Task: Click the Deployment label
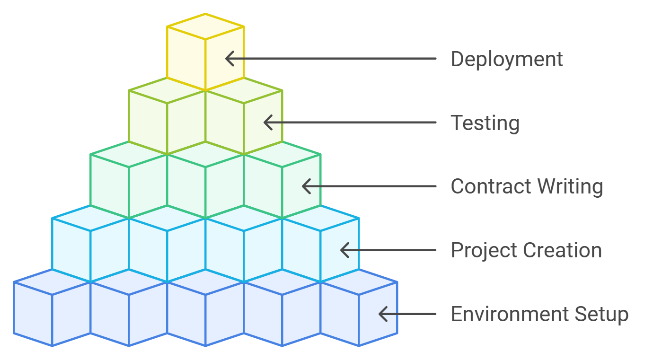click(x=507, y=60)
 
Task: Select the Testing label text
click(x=485, y=123)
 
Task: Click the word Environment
click(x=509, y=314)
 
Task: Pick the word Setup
click(x=601, y=314)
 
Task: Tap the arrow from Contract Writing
click(x=369, y=186)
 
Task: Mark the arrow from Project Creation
click(x=388, y=250)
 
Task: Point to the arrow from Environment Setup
click(x=407, y=314)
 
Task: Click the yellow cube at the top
click(x=205, y=52)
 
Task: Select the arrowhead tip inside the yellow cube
click(x=226, y=59)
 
